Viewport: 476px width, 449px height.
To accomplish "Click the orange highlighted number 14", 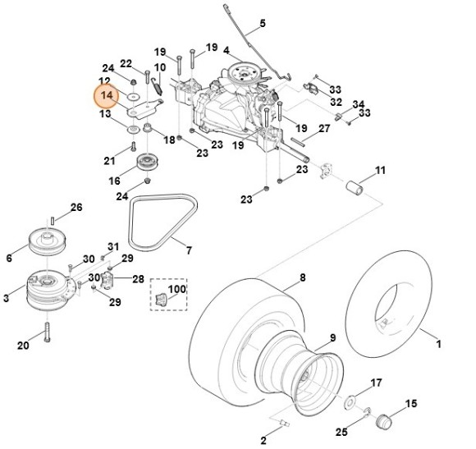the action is tap(107, 96).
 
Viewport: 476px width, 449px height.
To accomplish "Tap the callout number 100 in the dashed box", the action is tap(177, 289).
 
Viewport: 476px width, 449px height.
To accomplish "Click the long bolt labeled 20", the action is tap(47, 332).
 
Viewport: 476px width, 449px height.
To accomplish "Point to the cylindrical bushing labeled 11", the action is tap(355, 188).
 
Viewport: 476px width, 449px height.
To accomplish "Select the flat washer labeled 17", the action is tap(350, 402).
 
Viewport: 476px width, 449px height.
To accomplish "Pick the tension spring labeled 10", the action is tap(157, 85).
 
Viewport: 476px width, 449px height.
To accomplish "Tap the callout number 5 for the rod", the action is tap(263, 23).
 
